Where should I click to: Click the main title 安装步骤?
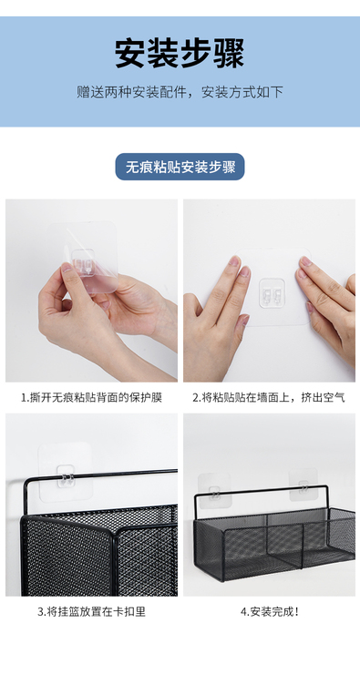(180, 54)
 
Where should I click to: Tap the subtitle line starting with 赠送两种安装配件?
(180, 92)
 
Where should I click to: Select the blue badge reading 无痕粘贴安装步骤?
(180, 167)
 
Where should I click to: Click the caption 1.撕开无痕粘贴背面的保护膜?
(92, 398)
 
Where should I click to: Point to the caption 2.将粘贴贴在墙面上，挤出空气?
(269, 398)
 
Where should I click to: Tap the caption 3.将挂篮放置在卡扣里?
(92, 612)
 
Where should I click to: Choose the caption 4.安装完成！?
(270, 612)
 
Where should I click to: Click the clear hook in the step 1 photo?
(84, 260)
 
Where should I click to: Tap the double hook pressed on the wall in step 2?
(273, 293)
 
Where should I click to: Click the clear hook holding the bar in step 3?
(66, 476)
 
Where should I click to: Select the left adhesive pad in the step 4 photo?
(214, 491)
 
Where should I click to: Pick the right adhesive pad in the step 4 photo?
(303, 485)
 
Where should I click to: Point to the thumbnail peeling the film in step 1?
(67, 268)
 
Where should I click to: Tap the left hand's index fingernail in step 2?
(234, 260)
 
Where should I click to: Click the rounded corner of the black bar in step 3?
(27, 481)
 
